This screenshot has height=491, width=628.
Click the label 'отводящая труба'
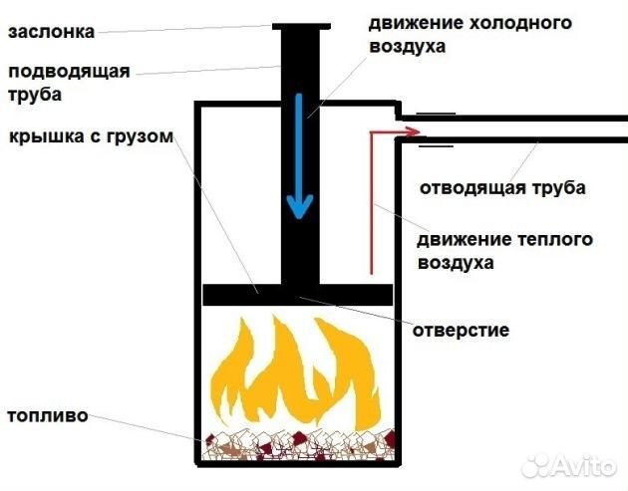tap(501, 187)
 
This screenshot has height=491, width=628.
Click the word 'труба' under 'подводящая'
tap(35, 96)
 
